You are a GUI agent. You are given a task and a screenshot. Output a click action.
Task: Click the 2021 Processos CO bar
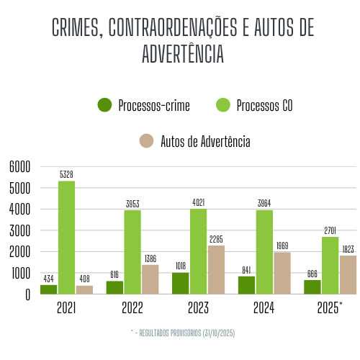pyautogui.click(x=67, y=238)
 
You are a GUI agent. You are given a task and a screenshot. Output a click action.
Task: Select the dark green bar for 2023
pyautogui.click(x=180, y=283)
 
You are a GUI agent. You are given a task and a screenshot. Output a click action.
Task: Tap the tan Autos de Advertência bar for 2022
pyautogui.click(x=150, y=279)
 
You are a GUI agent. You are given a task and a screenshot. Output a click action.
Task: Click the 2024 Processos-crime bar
pyautogui.click(x=246, y=285)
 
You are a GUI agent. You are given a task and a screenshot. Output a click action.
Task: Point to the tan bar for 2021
pyautogui.click(x=84, y=289)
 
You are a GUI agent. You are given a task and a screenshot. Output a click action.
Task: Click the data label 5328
pyautogui.click(x=67, y=174)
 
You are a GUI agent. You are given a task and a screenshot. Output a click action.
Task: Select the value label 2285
pyautogui.click(x=216, y=239)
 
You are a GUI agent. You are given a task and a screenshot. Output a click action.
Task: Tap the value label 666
pyautogui.click(x=312, y=274)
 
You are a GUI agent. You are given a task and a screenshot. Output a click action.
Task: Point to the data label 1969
pyautogui.click(x=282, y=246)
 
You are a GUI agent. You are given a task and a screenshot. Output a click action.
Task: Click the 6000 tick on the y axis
pyautogui.click(x=20, y=167)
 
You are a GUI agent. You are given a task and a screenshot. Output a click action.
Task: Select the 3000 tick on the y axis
pyautogui.click(x=20, y=231)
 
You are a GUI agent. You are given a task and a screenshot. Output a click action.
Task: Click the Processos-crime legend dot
pyautogui.click(x=105, y=105)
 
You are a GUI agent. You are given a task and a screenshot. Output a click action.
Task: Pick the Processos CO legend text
pyautogui.click(x=264, y=106)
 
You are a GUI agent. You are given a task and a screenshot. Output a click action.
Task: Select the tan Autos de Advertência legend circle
pyautogui.click(x=147, y=141)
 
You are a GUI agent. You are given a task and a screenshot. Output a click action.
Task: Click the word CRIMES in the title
pyautogui.click(x=76, y=27)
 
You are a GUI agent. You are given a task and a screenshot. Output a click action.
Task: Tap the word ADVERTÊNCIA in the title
pyautogui.click(x=183, y=55)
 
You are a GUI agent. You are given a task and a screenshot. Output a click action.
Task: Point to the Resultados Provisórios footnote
pyautogui.click(x=183, y=333)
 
